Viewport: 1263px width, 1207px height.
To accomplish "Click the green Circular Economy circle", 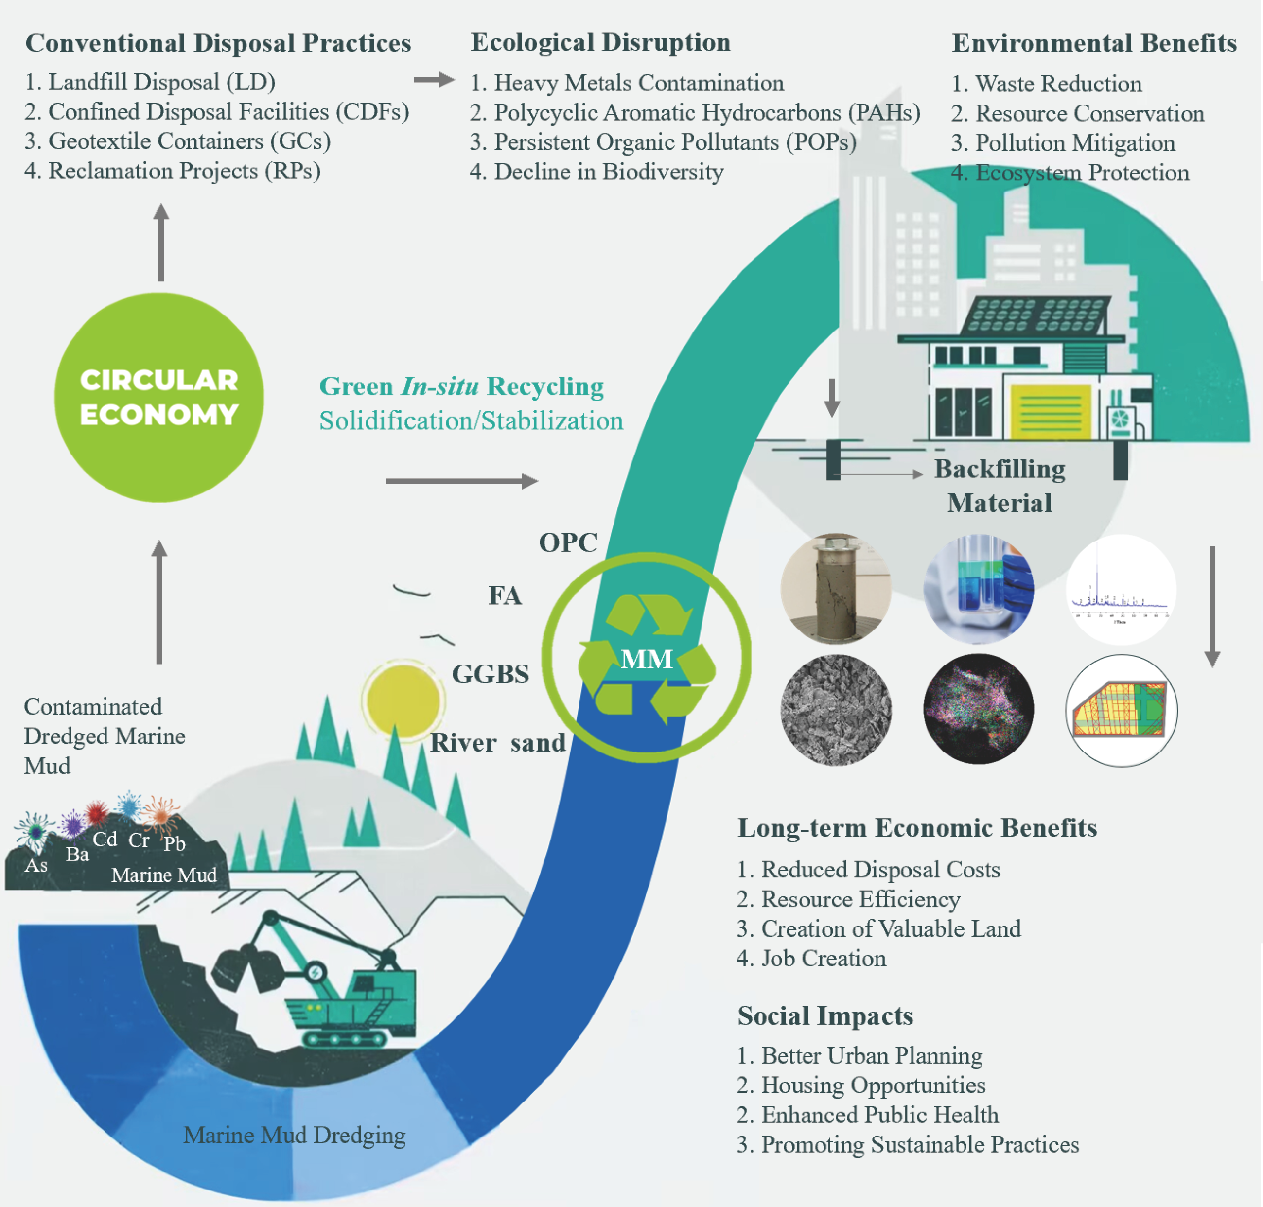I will coord(159,397).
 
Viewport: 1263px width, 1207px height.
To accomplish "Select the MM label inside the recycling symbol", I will coord(646,659).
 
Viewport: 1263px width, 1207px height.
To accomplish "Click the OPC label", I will coord(567,542).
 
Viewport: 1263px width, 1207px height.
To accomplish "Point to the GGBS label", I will coord(490,674).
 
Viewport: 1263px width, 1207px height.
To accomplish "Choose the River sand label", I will coord(497,742).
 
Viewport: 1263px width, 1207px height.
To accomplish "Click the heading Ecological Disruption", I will coord(600,42).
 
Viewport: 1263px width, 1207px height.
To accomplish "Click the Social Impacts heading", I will coord(825,1015).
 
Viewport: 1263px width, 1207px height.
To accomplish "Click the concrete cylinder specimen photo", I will coord(836,589).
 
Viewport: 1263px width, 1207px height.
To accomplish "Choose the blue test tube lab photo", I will coord(978,589).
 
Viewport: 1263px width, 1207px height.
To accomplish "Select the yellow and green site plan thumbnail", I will coord(1122,710).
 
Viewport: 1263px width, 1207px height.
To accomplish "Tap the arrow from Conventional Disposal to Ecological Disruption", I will coord(434,80).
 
